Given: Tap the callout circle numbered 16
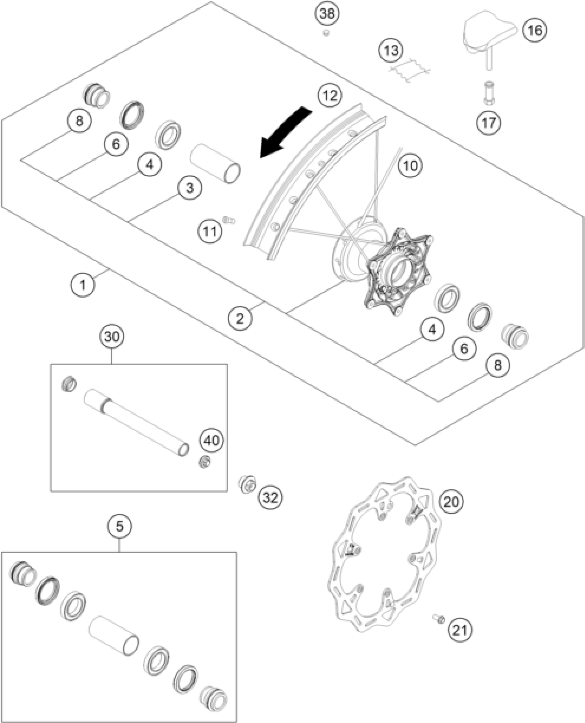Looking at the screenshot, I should point(534,30).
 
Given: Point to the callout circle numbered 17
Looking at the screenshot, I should point(489,123).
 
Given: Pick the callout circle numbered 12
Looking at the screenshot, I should point(330,95).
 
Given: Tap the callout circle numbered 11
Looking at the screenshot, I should point(210,232).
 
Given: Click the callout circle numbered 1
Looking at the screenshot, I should point(83,285).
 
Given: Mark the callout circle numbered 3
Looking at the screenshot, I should point(190,188).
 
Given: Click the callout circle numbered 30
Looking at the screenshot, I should point(112,337).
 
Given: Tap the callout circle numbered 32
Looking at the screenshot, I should point(270,497).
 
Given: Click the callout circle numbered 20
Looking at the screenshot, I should point(451,502).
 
